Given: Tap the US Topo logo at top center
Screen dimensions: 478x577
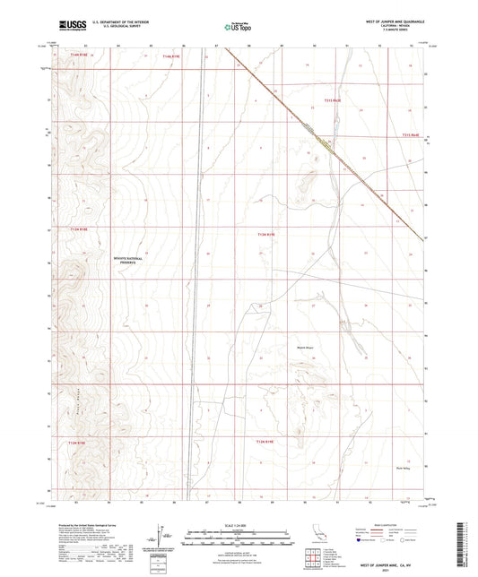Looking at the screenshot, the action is point(237,27).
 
